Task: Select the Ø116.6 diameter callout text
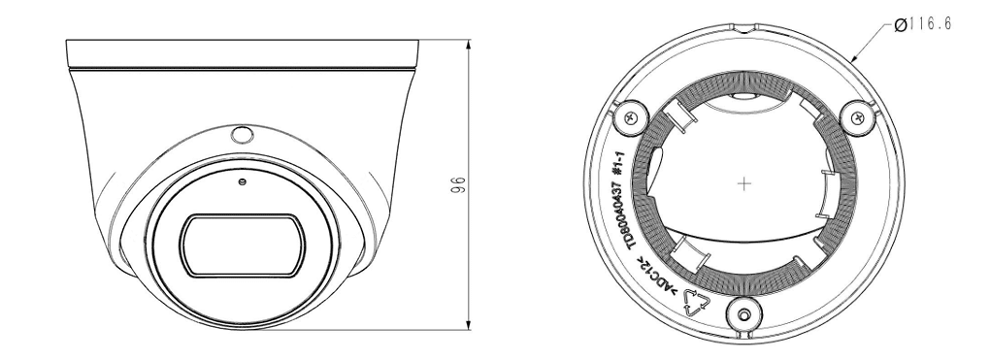(x=923, y=24)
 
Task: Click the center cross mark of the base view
(x=745, y=183)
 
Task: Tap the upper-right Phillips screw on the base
(x=857, y=116)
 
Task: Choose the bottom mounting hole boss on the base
(x=745, y=313)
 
